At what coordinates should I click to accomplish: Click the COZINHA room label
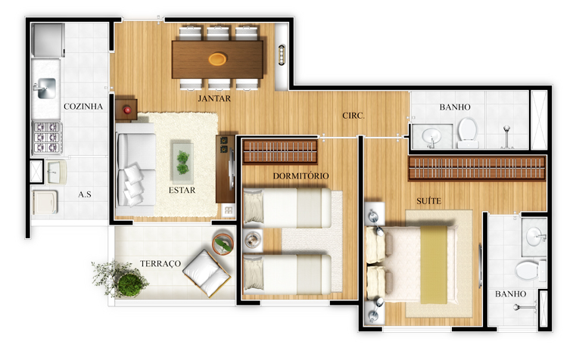coord(83,106)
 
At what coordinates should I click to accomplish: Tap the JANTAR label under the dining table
coord(214,98)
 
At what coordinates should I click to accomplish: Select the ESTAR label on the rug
coord(182,191)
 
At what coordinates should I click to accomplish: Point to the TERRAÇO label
coord(160,264)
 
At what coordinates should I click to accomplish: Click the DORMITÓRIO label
coord(301,175)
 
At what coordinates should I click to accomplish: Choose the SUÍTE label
coord(428,201)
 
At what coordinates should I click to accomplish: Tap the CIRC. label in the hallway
coord(353,116)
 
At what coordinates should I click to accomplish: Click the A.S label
coord(85,194)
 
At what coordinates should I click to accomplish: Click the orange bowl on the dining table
coord(218,58)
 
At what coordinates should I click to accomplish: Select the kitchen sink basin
coord(47,88)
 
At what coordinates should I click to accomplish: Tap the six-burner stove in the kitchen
coord(47,138)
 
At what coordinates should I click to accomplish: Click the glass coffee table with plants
coord(182,163)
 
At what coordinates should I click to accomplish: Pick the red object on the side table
coord(127,109)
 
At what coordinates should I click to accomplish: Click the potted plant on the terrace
coord(120,279)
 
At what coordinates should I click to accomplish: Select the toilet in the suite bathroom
coord(530,271)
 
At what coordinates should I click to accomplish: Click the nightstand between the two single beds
coord(253,241)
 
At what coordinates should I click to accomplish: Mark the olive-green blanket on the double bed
coord(434,265)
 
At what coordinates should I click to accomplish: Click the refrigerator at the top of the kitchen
coord(48,40)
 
